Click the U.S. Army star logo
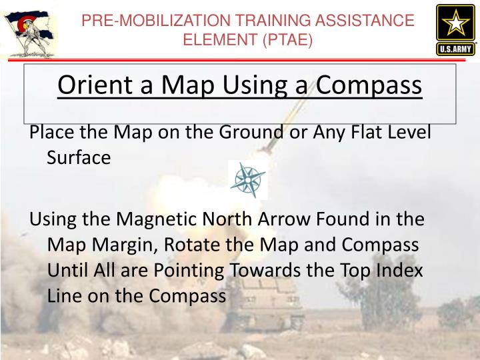click(x=455, y=30)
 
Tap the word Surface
click(x=79, y=157)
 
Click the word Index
click(x=398, y=270)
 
